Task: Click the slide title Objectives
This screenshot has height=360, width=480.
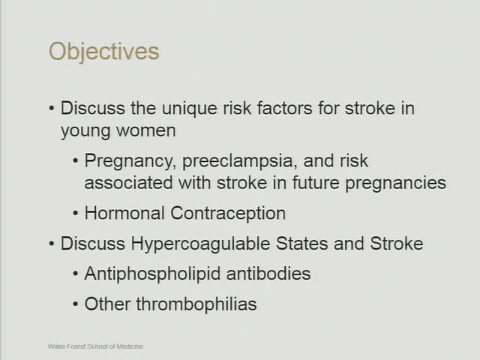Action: pos(103,52)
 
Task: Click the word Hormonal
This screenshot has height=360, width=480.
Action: pos(125,213)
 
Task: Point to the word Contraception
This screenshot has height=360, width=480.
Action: pos(228,214)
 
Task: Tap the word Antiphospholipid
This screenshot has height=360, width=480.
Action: pos(152,274)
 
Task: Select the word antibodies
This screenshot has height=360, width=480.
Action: pos(267,273)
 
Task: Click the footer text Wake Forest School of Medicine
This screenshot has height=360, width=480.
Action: pos(95,346)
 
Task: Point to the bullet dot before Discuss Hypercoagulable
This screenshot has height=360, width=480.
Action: pos(52,244)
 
